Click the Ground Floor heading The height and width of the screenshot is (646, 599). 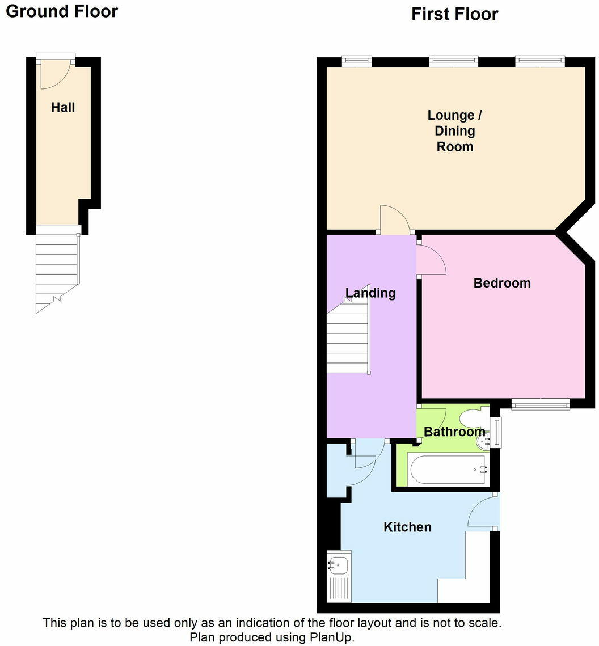point(62,11)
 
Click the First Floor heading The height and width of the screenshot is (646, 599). point(454,14)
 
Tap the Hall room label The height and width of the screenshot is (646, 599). point(63,107)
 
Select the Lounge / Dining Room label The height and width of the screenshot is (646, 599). point(454,131)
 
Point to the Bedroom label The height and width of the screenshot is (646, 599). point(502,282)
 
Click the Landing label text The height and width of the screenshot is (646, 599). point(370,293)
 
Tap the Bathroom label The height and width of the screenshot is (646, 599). point(454,432)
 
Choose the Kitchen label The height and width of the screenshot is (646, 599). point(407,527)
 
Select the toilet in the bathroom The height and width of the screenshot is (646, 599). point(470,420)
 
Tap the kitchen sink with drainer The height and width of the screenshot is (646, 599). point(339,575)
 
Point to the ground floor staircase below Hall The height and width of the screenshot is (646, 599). point(57,269)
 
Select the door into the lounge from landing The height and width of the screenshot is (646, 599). point(395,220)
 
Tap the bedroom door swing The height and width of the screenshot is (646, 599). point(431,259)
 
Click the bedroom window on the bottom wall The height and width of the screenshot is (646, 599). point(540,404)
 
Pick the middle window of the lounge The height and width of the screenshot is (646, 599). point(453,61)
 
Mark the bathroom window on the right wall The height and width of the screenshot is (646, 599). point(497,432)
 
